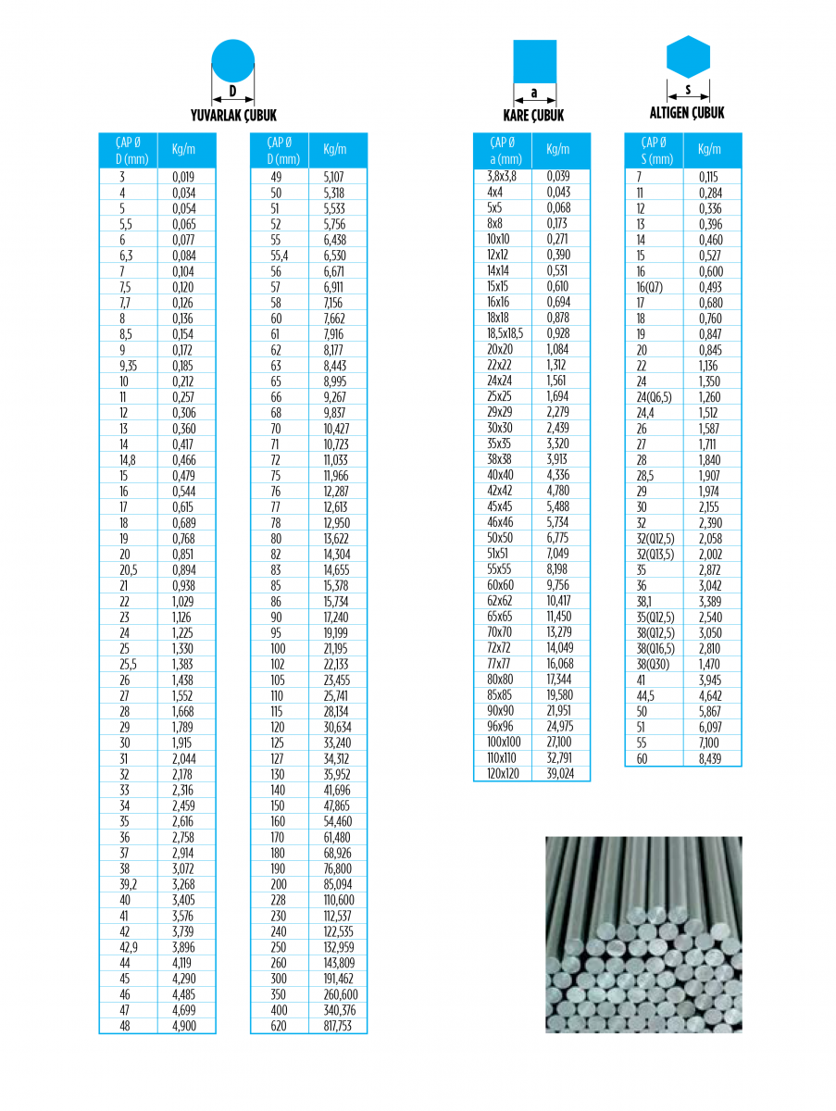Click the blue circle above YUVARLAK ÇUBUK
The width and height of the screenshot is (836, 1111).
click(232, 60)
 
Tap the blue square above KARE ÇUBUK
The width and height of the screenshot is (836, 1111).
click(535, 60)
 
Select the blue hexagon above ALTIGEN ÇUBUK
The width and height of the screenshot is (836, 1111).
click(688, 57)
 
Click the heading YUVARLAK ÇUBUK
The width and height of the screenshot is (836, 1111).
click(233, 116)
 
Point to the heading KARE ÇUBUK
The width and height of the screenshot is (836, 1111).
click(533, 116)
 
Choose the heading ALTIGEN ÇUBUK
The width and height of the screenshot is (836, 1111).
click(687, 113)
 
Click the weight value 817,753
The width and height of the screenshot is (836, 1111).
click(338, 1026)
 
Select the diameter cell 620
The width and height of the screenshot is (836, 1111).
click(278, 1026)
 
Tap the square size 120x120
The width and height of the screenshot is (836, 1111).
click(503, 774)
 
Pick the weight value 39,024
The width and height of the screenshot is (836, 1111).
click(560, 774)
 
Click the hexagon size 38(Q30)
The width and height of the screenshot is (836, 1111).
click(652, 664)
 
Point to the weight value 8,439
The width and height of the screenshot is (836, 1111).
click(709, 758)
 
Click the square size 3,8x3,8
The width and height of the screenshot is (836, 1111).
click(502, 176)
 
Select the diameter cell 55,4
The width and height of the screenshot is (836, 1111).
click(278, 255)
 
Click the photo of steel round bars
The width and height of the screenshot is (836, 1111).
click(643, 934)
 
